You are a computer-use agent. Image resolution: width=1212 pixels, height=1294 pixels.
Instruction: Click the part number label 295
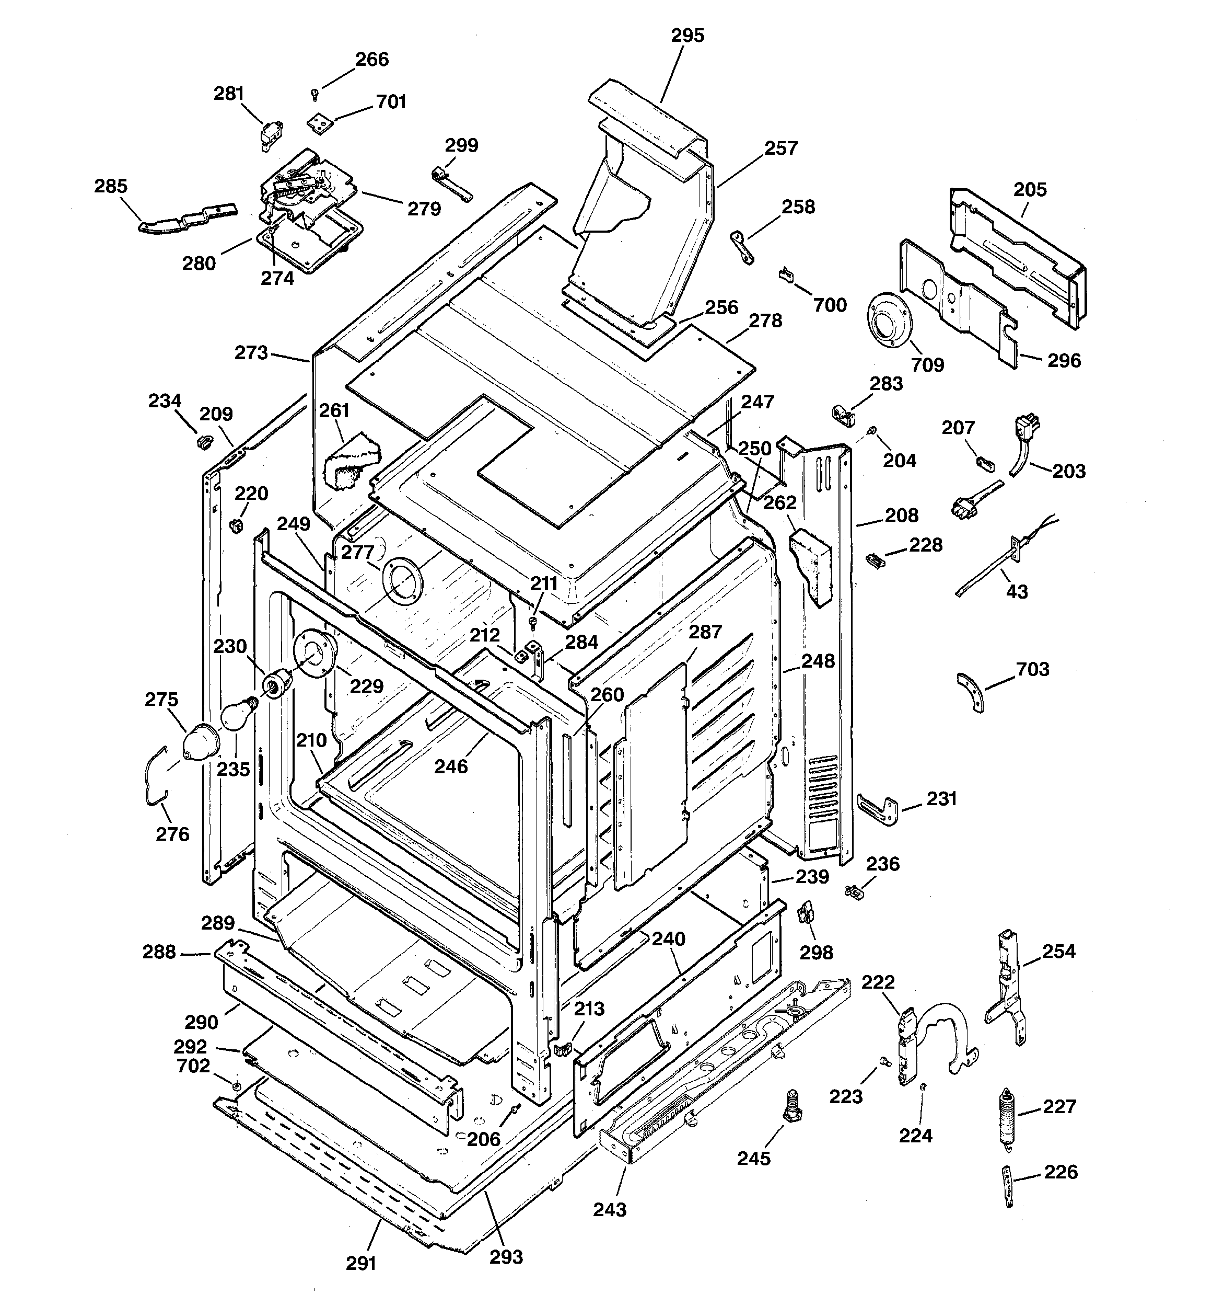[687, 36]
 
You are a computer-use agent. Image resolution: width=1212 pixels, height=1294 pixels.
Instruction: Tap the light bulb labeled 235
[236, 715]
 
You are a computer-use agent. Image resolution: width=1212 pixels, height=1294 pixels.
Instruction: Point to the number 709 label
[927, 364]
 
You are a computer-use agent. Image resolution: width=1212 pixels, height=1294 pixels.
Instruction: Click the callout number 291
[361, 1263]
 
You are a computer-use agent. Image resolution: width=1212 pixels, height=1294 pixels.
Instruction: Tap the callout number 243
[610, 1210]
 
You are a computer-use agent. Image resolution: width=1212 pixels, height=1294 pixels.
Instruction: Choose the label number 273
[251, 353]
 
